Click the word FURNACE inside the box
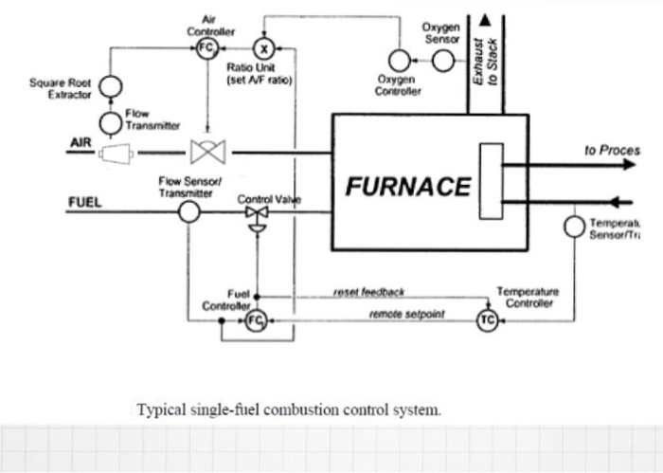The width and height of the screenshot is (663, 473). click(x=407, y=186)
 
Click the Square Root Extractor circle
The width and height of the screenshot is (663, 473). click(x=113, y=84)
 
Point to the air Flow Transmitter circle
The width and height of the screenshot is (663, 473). click(x=113, y=122)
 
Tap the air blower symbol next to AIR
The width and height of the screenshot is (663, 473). click(x=116, y=152)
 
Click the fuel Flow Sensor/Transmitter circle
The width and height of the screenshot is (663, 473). click(x=189, y=211)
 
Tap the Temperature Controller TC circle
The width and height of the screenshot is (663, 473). click(x=487, y=321)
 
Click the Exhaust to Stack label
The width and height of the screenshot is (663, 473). click(x=485, y=63)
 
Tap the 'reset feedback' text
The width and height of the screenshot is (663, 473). click(x=367, y=294)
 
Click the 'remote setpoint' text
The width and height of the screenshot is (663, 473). click(x=408, y=312)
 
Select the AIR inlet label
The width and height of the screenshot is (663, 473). click(x=80, y=142)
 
